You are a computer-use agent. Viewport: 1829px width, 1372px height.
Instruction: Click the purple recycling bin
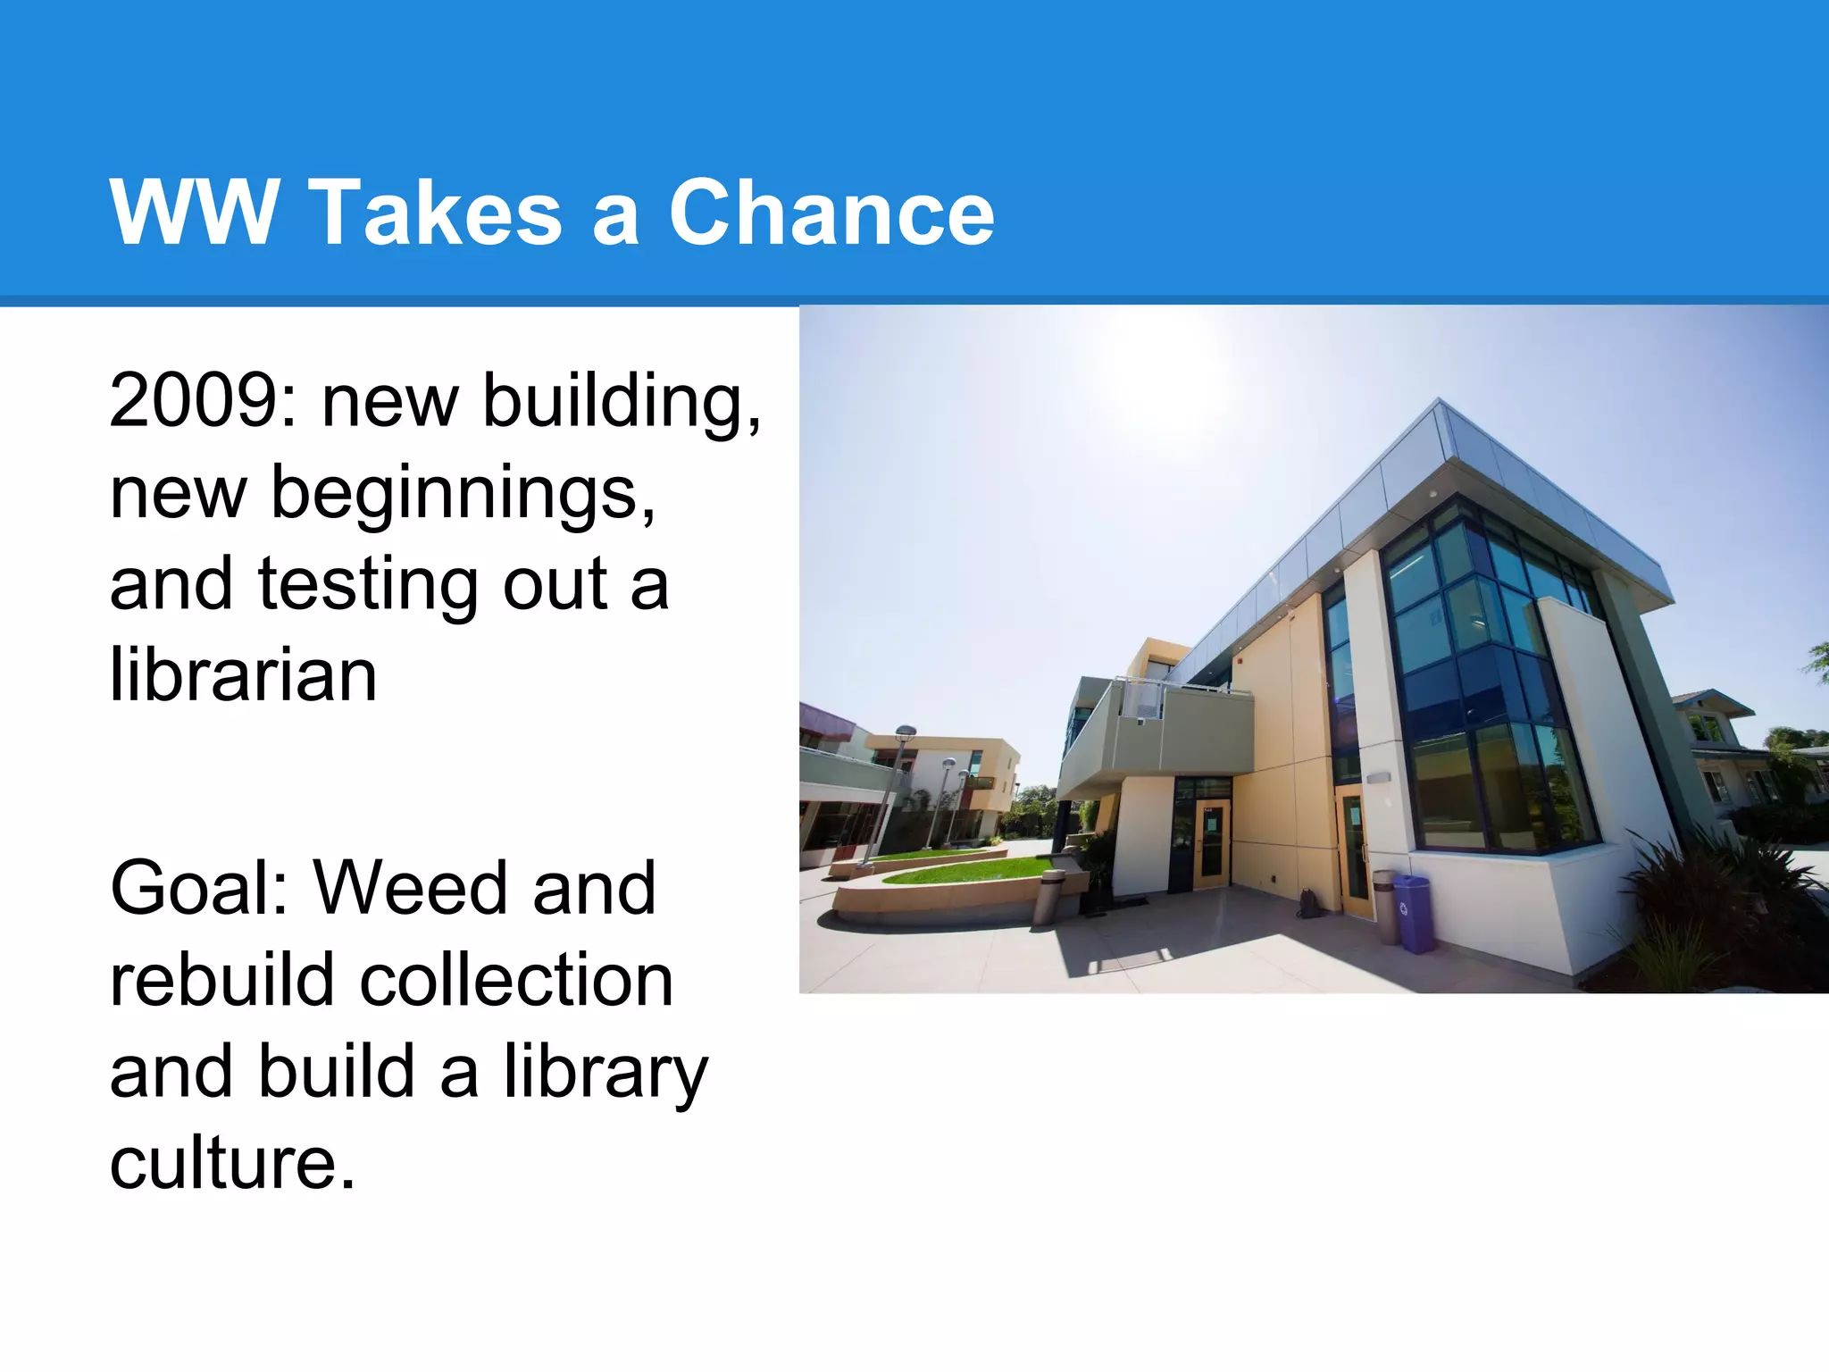(1413, 913)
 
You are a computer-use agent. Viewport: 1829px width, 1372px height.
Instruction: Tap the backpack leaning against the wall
(1309, 904)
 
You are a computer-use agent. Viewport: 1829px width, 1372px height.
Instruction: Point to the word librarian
(243, 675)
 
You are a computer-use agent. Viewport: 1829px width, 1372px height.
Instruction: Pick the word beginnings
(463, 493)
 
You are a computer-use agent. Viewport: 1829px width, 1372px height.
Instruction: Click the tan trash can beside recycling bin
(1385, 906)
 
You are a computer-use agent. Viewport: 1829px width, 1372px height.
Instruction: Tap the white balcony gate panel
(1141, 699)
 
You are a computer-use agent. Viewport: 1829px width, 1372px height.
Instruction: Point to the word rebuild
(221, 981)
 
